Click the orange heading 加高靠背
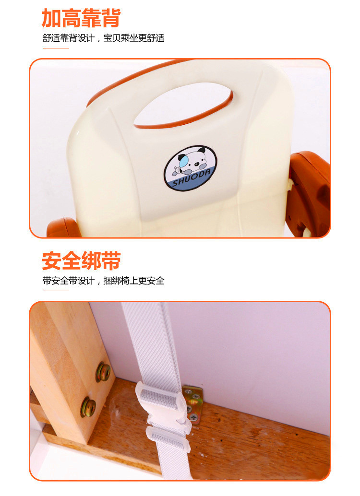(81, 18)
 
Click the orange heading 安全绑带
(81, 260)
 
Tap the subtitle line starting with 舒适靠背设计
(104, 38)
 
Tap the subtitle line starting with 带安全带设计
(104, 281)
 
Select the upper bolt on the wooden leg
(104, 372)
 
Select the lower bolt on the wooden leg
(88, 407)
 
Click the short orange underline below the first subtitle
(56, 48)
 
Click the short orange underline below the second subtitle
(56, 290)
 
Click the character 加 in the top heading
(52, 18)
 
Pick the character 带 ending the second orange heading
(111, 260)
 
